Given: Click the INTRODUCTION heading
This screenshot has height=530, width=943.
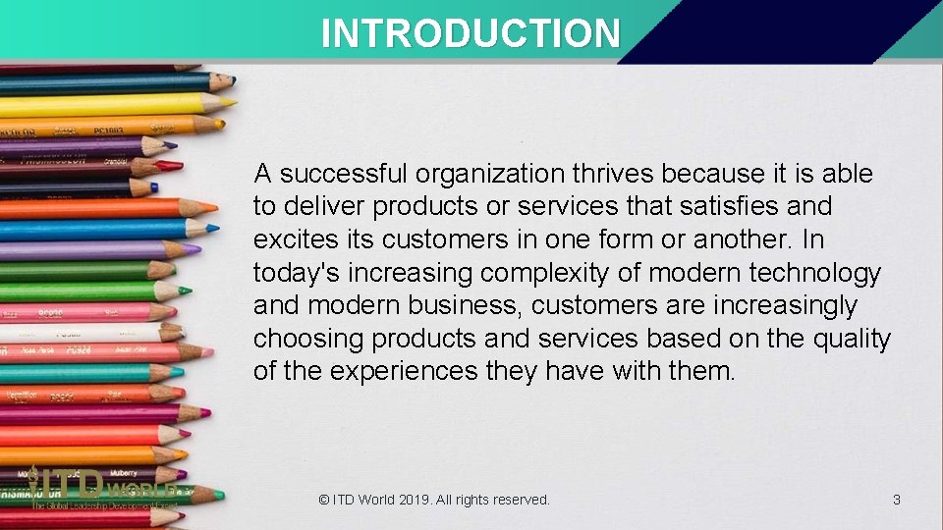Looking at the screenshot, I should click(x=471, y=33).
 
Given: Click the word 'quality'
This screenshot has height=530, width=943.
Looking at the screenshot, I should click(x=852, y=340).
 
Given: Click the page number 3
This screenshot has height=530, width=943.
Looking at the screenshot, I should click(x=896, y=501).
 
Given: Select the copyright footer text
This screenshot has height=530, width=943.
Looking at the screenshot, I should click(x=434, y=501).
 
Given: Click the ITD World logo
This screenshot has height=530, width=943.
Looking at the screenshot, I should click(x=98, y=488).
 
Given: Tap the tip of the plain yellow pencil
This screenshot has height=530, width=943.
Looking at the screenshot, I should click(x=231, y=101).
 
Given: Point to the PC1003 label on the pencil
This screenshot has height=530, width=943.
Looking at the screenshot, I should click(x=108, y=129).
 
